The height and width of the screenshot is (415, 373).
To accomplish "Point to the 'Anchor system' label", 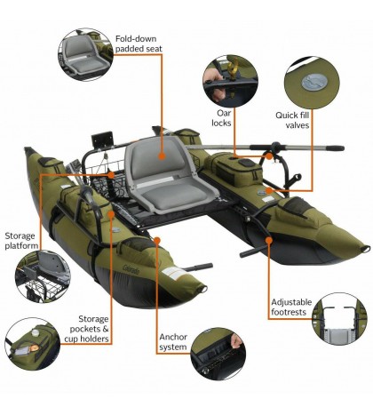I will [x=172, y=342].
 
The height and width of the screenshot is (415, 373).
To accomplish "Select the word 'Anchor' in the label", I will [x=174, y=337].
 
